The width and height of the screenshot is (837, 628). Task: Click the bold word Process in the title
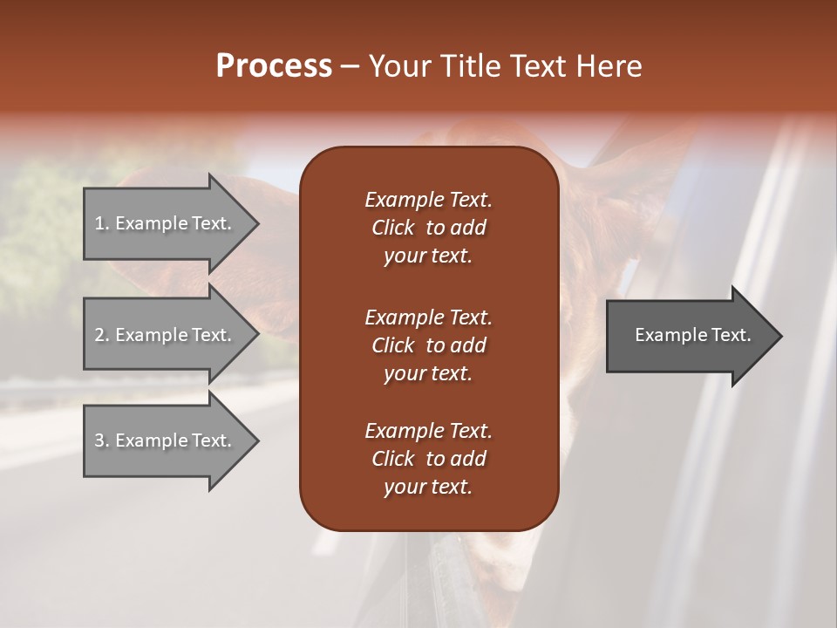[274, 65]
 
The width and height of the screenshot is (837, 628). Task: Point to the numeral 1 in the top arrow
[99, 223]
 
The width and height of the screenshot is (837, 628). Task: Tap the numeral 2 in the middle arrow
[99, 335]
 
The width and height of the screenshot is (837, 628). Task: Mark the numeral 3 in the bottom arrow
[99, 440]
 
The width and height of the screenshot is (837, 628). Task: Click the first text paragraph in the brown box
[428, 228]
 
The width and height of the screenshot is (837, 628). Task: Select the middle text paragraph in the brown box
[428, 345]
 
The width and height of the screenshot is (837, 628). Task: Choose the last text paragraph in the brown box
[428, 459]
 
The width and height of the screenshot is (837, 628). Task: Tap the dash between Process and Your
[350, 67]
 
